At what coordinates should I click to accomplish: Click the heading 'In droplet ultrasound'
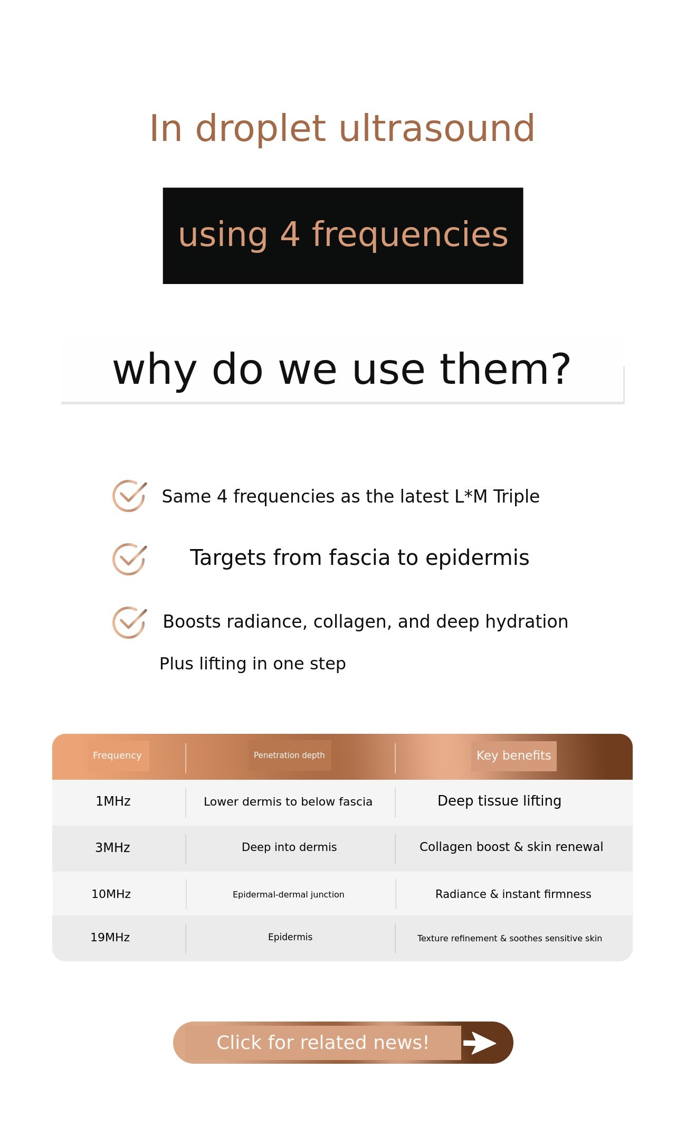point(342,128)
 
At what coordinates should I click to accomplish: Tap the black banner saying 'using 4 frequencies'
point(343,235)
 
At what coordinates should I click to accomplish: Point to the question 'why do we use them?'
point(342,370)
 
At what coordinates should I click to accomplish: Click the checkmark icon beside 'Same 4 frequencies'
point(129,496)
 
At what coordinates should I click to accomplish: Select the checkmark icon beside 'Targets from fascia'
point(129,559)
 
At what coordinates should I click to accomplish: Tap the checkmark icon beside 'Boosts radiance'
point(129,622)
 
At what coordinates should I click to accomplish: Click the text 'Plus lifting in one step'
point(253,664)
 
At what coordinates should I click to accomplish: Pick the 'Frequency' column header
point(117,755)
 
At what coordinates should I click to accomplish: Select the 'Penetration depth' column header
point(289,755)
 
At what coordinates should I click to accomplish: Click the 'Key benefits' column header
point(513,755)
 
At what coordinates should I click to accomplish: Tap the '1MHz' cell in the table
point(113,801)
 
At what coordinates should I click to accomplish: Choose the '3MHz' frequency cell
point(112,848)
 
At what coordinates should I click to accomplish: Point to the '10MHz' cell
point(111,894)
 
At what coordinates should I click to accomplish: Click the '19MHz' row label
point(110,938)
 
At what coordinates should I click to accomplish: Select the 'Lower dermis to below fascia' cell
point(288,802)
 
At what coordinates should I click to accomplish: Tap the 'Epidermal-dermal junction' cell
point(289,895)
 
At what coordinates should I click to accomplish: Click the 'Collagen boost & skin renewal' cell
point(511,847)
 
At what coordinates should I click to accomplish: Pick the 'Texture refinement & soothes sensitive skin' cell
point(510,939)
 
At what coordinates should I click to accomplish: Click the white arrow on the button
point(480,1043)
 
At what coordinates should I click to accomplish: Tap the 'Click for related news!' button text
point(323,1043)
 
